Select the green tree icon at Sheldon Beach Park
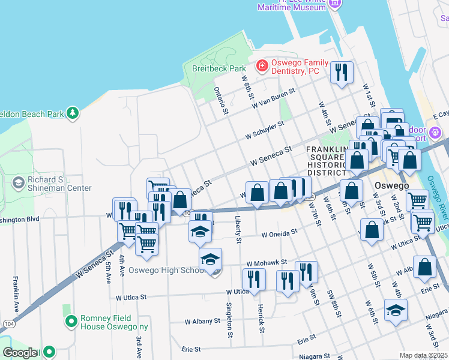coord(73,113)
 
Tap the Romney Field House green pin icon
coord(71,322)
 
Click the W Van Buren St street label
coord(274,99)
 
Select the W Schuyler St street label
coord(264,130)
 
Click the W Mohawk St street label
coord(267,263)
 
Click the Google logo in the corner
coord(20,353)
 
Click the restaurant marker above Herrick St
coord(254,279)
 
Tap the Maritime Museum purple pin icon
coord(335,4)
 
